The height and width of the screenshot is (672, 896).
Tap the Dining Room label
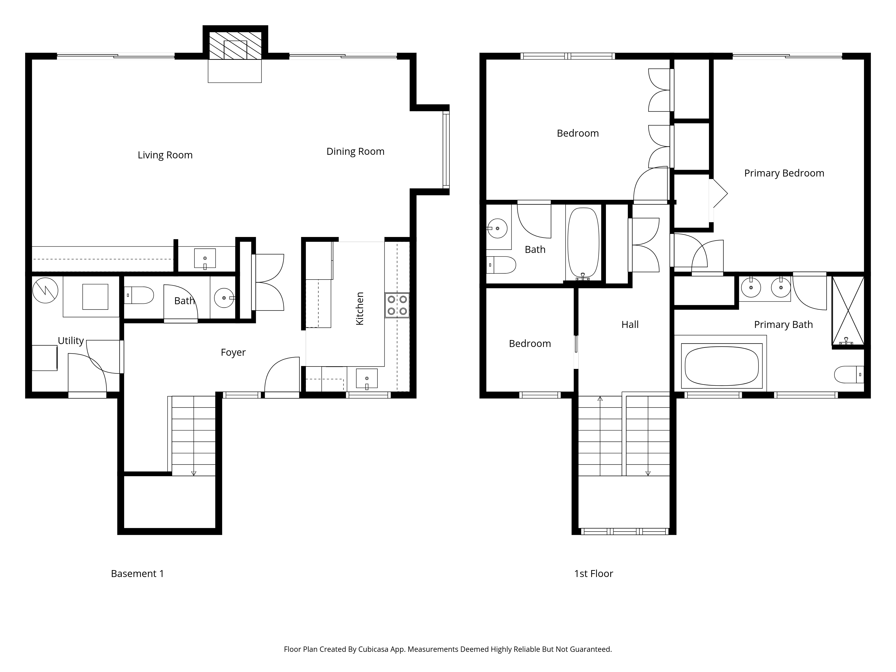pos(355,151)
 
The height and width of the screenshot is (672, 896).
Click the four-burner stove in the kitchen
pos(397,305)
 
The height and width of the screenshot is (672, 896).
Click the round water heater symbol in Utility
pos(45,290)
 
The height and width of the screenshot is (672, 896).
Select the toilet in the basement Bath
pos(138,295)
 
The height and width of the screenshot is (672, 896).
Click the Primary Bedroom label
pos(784,173)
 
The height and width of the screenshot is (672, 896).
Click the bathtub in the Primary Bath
pos(722,366)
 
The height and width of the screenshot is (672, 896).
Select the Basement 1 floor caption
pos(137,574)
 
